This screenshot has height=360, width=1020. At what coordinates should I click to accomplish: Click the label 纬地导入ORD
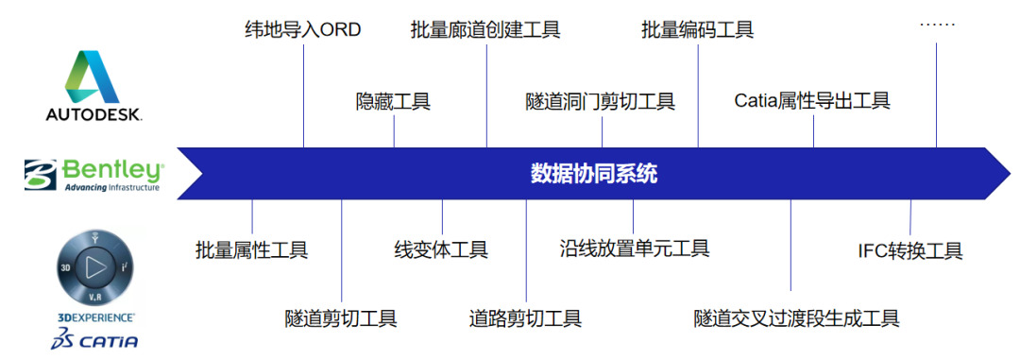(x=302, y=30)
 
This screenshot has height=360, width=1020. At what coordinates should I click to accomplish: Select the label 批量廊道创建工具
(x=485, y=30)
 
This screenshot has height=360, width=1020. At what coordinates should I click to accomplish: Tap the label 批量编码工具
(x=697, y=30)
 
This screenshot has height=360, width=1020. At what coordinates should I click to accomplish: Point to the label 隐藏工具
(x=393, y=101)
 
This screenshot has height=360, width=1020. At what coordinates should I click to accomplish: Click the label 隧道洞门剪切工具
(x=601, y=101)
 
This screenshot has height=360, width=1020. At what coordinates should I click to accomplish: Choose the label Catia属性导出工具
(x=812, y=101)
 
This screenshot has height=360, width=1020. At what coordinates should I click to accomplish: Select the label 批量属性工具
(x=252, y=249)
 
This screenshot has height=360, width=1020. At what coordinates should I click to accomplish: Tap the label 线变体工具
(x=441, y=249)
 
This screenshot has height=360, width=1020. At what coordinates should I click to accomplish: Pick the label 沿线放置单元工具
(x=635, y=248)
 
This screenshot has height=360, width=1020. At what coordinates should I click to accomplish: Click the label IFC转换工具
(x=910, y=250)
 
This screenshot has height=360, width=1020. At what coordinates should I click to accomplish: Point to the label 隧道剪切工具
(x=341, y=318)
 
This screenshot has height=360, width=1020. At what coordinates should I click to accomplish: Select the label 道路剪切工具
(x=526, y=318)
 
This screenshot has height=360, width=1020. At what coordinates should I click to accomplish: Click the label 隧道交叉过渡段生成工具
(x=797, y=318)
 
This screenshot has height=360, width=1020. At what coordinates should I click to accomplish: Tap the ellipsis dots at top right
(x=938, y=24)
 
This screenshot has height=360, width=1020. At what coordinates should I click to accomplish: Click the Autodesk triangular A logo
(x=93, y=77)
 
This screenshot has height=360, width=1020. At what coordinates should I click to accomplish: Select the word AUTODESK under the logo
(x=93, y=114)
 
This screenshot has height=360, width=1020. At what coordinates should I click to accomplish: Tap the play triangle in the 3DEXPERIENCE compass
(x=95, y=266)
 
